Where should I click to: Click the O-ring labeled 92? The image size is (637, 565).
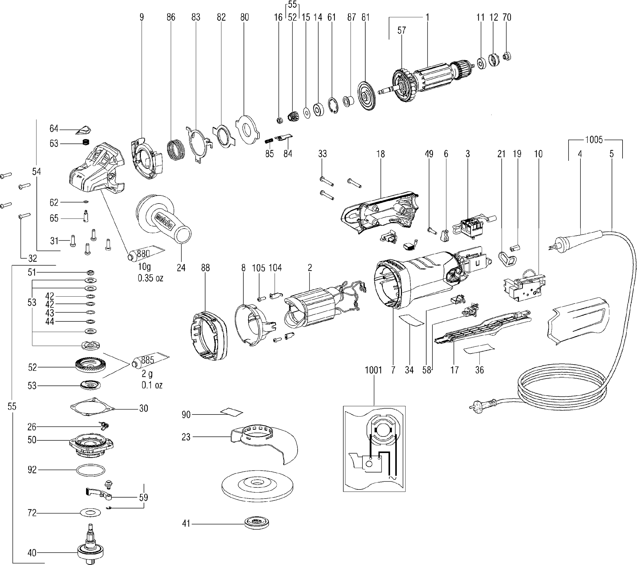[x=90, y=470]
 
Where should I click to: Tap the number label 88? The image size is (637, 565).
[x=205, y=268]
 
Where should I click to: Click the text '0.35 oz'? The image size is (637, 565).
[x=151, y=278]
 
